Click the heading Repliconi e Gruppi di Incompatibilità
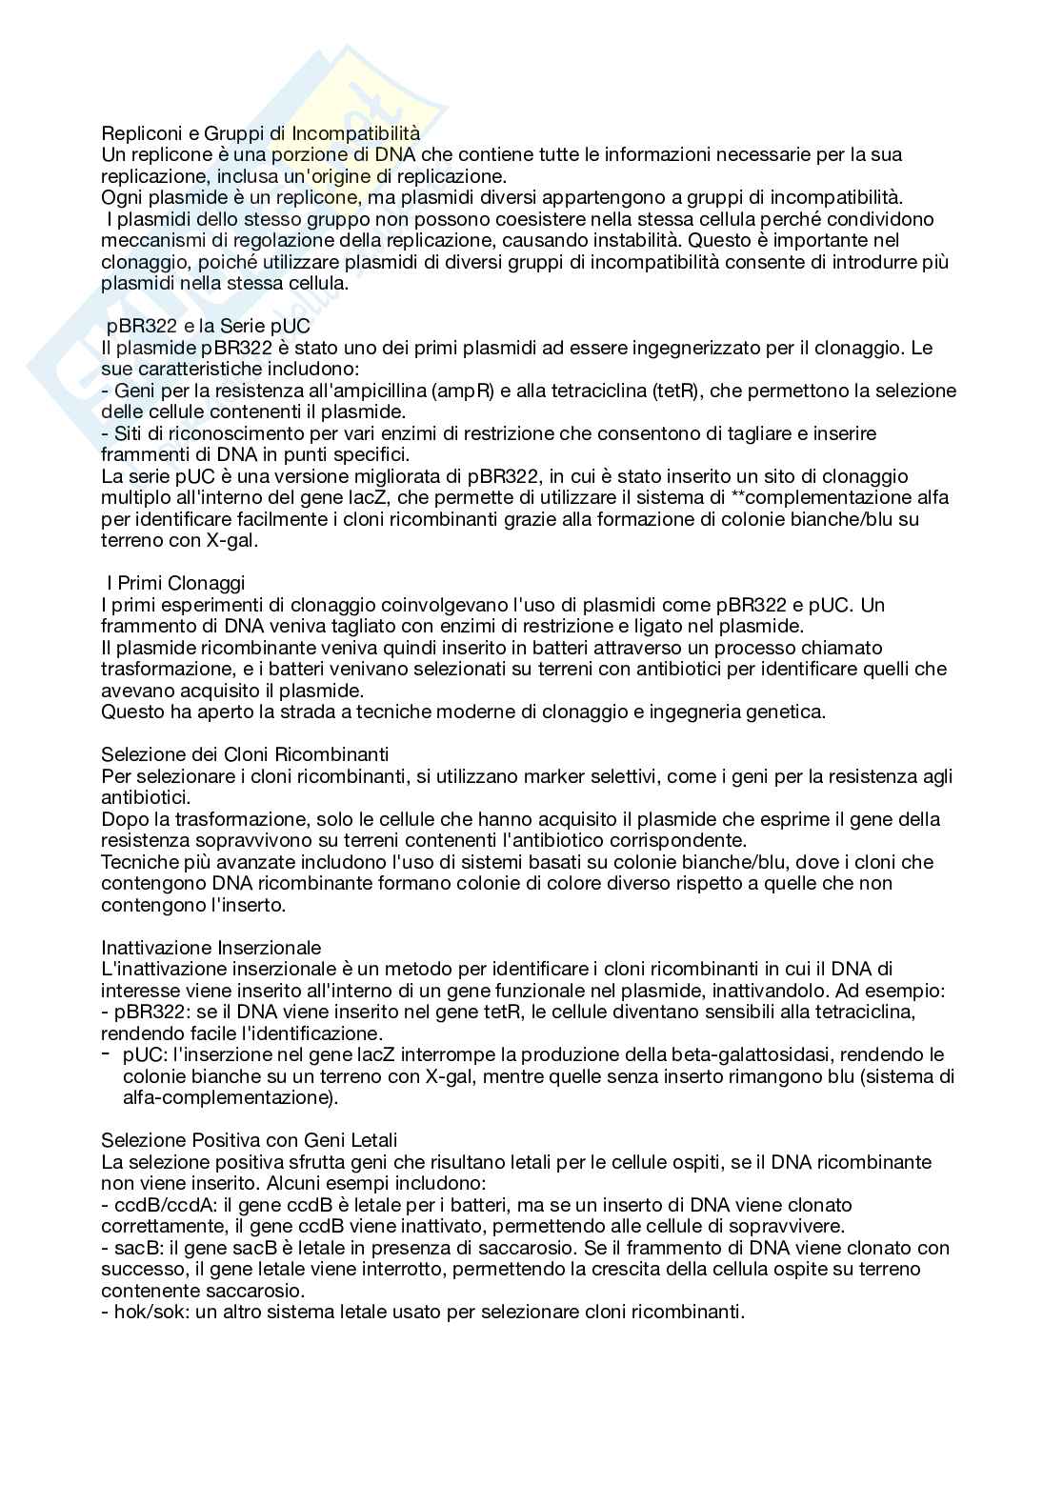260,133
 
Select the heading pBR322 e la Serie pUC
208,326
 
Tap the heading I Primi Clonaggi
175,583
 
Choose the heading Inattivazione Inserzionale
211,947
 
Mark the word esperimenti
202,605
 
